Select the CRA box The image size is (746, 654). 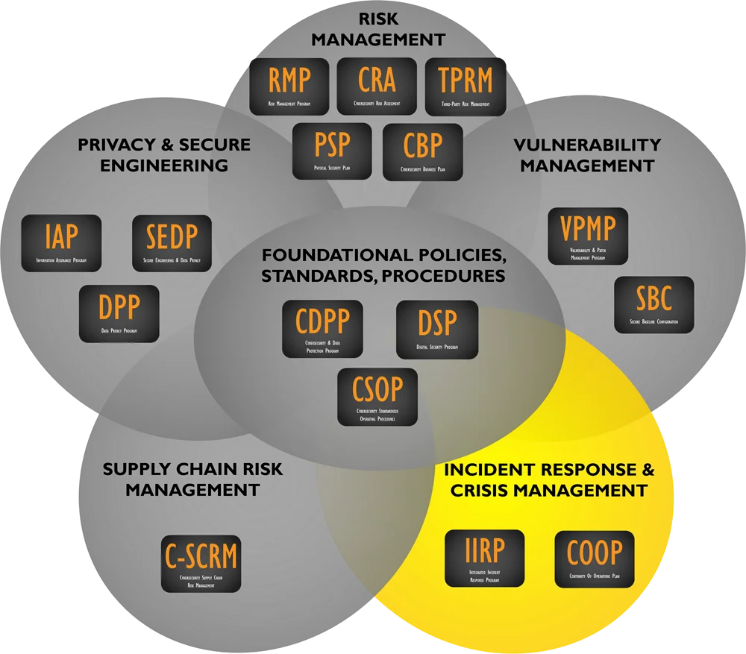tap(377, 86)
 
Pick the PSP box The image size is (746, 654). tap(331, 151)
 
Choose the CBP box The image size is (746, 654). tap(422, 151)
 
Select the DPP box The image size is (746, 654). tap(119, 313)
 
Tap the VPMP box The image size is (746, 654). tap(588, 236)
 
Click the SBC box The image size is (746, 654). tap(653, 304)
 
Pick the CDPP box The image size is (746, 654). tap(322, 328)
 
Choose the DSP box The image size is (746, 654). tap(436, 329)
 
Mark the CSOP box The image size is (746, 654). tap(377, 397)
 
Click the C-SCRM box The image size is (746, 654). tap(201, 564)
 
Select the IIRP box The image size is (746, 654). tap(484, 558)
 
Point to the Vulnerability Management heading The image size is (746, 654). tap(587, 154)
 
